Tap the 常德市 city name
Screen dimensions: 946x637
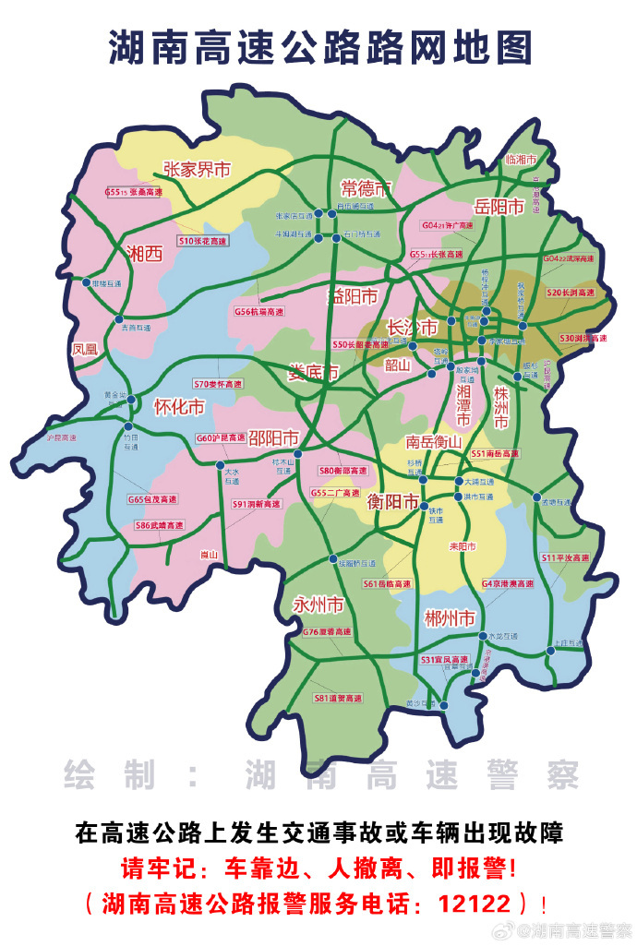[x=367, y=188]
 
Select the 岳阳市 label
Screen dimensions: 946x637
[x=499, y=207]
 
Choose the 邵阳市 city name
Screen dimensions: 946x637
[x=274, y=437]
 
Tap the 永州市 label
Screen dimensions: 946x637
[x=318, y=605]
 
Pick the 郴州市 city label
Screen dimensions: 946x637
[x=451, y=617]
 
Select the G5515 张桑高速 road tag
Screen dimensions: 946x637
[x=133, y=193]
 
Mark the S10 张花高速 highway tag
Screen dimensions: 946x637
[x=202, y=240]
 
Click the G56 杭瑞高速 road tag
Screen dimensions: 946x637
[x=259, y=312]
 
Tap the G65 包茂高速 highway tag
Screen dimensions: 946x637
[x=151, y=499]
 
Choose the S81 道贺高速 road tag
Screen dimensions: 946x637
[x=338, y=699]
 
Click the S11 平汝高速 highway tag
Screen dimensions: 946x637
[x=565, y=558]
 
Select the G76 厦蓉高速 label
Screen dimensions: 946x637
[x=327, y=631]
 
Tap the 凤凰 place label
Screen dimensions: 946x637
[x=84, y=349]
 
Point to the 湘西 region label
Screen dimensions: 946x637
[x=144, y=254]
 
